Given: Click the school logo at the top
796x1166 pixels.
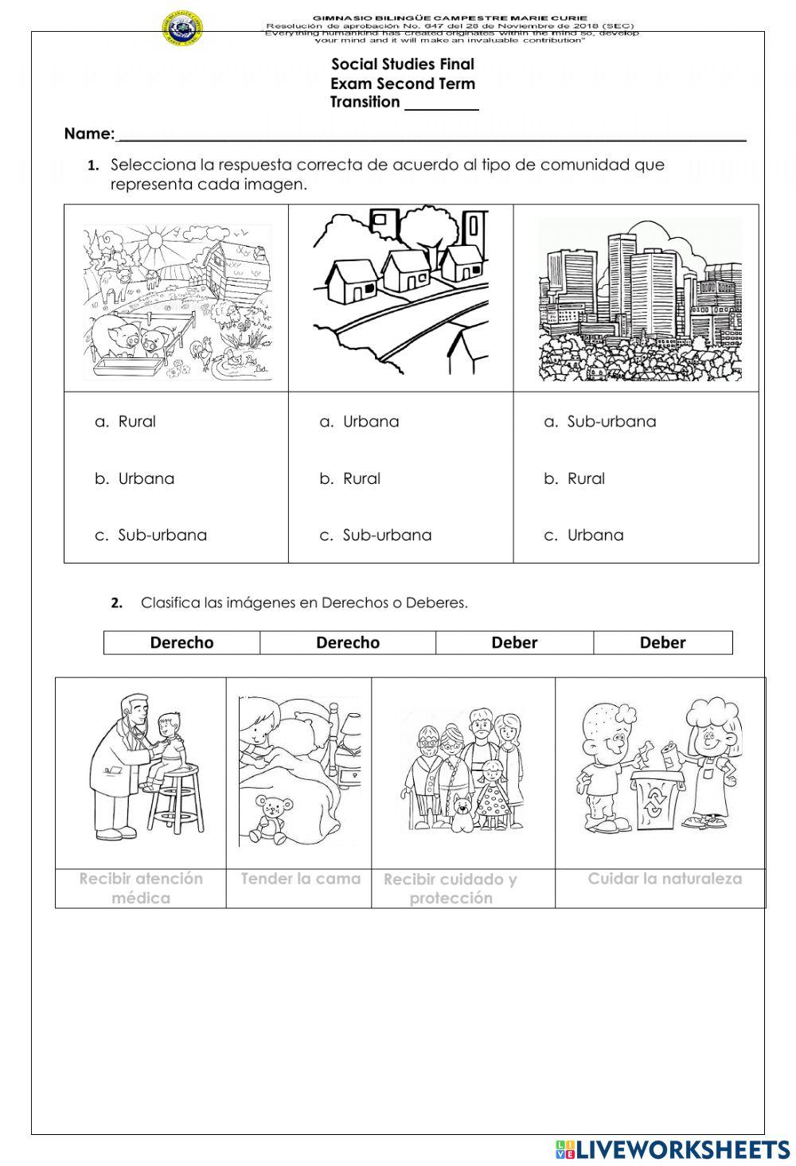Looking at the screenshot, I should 182,29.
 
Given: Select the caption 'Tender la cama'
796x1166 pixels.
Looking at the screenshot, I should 300,879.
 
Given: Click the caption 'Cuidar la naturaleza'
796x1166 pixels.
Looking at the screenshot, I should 664,879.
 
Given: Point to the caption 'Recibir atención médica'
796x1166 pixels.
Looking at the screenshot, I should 141,888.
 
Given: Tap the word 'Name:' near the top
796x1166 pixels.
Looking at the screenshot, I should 89,134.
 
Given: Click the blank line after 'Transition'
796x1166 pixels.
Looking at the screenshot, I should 441,103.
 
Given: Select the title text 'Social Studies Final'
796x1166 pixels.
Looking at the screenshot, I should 402,64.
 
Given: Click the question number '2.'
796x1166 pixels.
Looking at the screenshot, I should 117,603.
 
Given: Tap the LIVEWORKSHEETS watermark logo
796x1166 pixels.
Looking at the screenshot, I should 673,1148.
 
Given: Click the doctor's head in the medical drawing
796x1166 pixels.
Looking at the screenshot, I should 135,708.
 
